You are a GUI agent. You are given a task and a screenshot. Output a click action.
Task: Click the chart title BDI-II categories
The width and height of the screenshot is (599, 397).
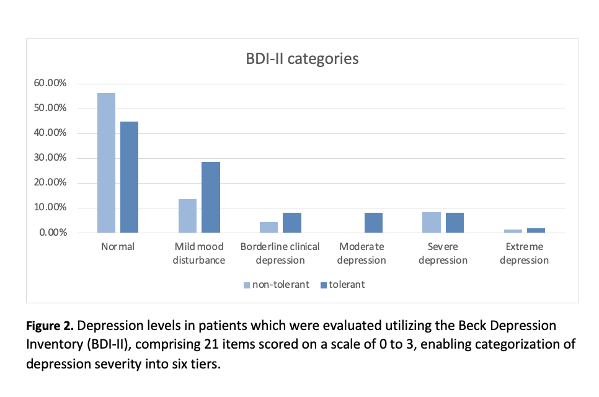[x=302, y=60]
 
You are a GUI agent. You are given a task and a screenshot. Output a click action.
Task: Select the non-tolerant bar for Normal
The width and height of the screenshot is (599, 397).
[x=106, y=163]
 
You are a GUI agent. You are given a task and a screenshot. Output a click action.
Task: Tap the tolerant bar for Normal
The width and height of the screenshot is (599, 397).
[x=130, y=177]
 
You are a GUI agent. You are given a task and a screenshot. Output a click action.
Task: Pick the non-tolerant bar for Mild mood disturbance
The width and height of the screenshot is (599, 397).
[x=188, y=216]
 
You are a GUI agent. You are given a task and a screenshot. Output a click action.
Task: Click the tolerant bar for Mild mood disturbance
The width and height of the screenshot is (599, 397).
[x=211, y=197]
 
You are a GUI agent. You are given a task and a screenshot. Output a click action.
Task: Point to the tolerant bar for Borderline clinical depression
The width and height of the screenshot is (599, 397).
[x=292, y=223]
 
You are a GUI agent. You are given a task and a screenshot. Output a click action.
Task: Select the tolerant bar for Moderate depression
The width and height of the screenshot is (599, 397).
[x=373, y=223]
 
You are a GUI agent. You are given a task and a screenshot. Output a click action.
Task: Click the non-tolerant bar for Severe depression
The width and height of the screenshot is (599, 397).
[x=432, y=222]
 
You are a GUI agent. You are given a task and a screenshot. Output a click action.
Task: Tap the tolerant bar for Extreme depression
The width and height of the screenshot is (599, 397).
[x=536, y=230]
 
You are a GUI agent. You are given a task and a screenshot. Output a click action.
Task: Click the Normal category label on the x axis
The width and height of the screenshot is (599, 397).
[x=118, y=247]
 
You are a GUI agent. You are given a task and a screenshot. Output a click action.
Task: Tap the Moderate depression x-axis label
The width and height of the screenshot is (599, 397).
[x=362, y=253]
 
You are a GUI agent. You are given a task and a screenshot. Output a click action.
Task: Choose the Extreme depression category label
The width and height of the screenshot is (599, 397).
[x=525, y=253]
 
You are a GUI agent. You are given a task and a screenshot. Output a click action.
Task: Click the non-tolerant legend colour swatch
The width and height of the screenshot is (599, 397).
[x=247, y=285]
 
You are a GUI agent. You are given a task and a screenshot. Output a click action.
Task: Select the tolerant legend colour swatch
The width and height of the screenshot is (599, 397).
[x=324, y=285]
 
